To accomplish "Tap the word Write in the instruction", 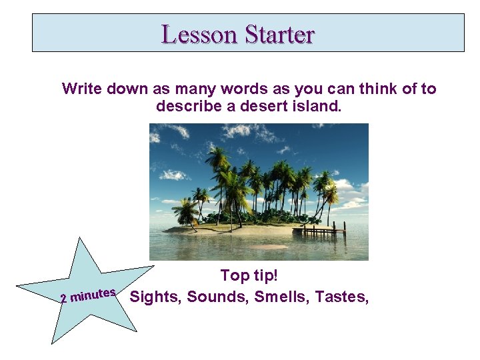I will point(82,89).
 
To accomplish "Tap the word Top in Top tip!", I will point(234,275).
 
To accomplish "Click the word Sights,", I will point(156,297).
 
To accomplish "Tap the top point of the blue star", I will point(79,239).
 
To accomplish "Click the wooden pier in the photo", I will point(323,231).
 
